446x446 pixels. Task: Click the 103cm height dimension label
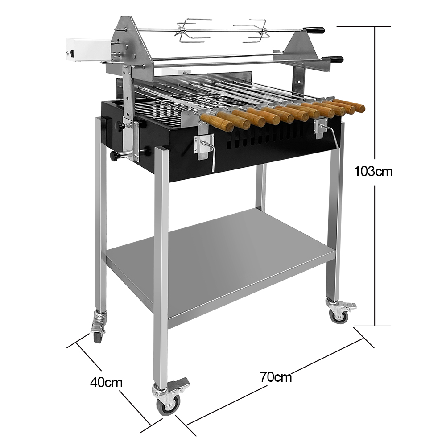click(x=373, y=172)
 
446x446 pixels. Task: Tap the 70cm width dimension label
click(x=276, y=377)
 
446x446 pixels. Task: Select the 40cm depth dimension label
click(x=106, y=383)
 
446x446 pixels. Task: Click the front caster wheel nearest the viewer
click(x=169, y=403)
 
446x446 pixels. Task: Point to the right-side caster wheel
click(x=339, y=315)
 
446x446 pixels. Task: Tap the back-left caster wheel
click(x=97, y=336)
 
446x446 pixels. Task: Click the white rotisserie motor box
click(x=87, y=51)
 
